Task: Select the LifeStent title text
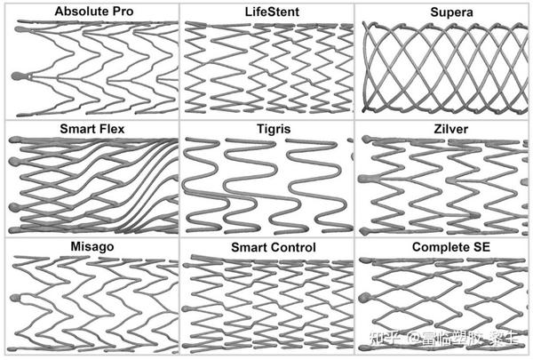[266, 11]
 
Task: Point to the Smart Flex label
[92, 129]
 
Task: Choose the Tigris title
[266, 130]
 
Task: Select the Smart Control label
[267, 245]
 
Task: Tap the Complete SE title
[443, 245]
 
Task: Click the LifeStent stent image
[266, 67]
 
